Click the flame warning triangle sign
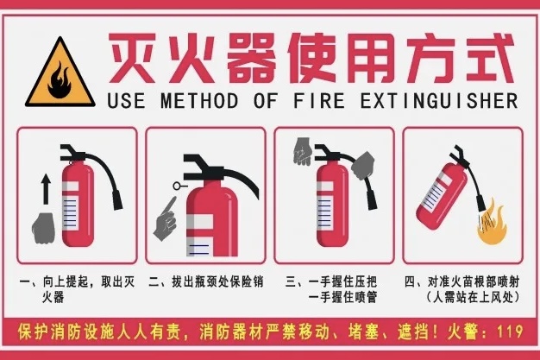coord(60,73)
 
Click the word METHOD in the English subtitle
coord(199,101)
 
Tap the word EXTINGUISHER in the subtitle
coord(439,101)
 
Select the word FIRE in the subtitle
coord(319,101)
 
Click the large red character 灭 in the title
coord(132,58)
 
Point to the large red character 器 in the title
coord(252,58)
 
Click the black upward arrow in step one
coord(46,189)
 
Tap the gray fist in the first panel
coord(43,228)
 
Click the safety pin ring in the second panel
coord(178,186)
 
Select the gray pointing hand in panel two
coord(166,220)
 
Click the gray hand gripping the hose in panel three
coord(363,165)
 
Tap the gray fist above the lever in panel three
coord(303,151)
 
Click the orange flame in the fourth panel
coord(493,223)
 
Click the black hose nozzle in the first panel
coord(117,200)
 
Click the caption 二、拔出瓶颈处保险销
coord(206,282)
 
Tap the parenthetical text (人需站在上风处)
coord(472,297)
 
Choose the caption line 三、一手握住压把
coord(331,282)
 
